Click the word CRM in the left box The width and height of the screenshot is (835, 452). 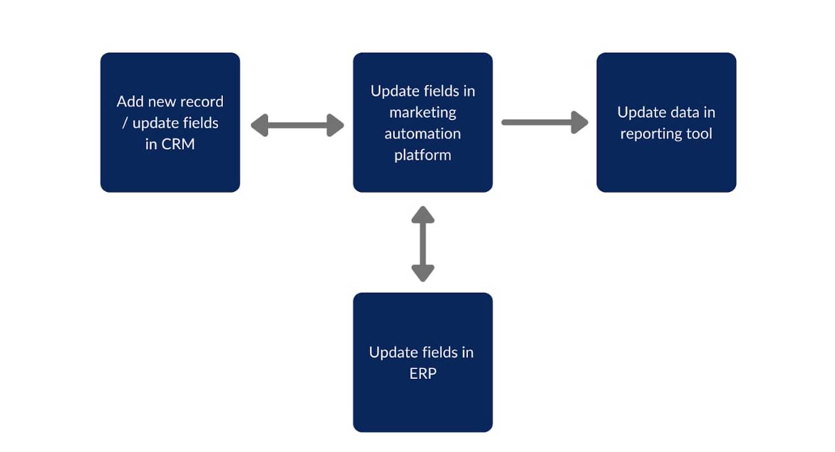[178, 144]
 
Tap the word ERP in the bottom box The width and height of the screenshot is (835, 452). [423, 373]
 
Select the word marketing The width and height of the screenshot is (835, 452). [423, 113]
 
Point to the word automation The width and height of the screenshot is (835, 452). [423, 134]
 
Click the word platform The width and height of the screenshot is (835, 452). [423, 155]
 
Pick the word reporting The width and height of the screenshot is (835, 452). [651, 134]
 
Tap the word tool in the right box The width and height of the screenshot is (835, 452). [699, 134]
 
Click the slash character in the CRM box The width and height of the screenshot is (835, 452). [125, 123]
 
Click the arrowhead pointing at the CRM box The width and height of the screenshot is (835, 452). [259, 125]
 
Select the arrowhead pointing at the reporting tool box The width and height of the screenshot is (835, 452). [579, 123]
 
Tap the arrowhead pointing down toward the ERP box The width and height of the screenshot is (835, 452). [423, 273]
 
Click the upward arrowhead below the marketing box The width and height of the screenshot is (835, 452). [423, 215]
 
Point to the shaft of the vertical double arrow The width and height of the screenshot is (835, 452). [423, 244]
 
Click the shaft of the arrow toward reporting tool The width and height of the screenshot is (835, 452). [537, 123]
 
